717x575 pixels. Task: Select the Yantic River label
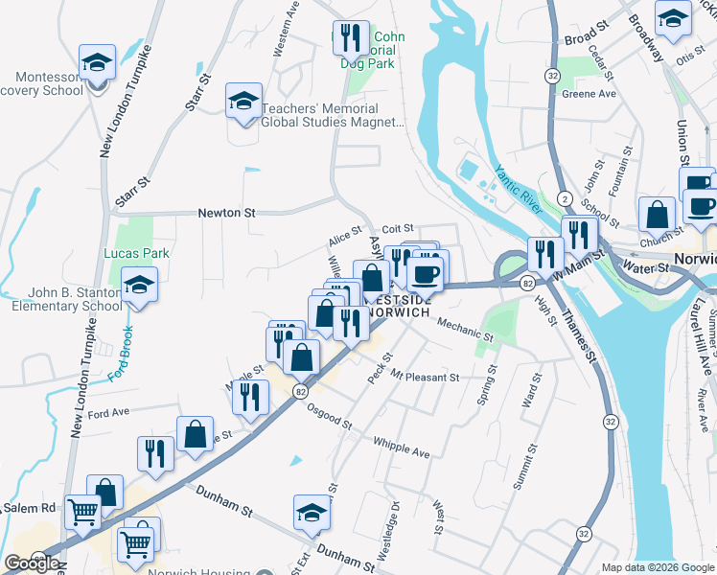[519, 189]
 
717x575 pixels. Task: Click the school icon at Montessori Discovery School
[97, 63]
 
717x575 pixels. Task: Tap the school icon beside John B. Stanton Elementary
[140, 286]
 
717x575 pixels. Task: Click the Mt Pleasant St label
[425, 378]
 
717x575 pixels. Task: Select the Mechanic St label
[464, 331]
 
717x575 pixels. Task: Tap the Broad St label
[588, 39]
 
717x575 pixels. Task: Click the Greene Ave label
[589, 94]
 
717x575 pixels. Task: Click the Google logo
[32, 563]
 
